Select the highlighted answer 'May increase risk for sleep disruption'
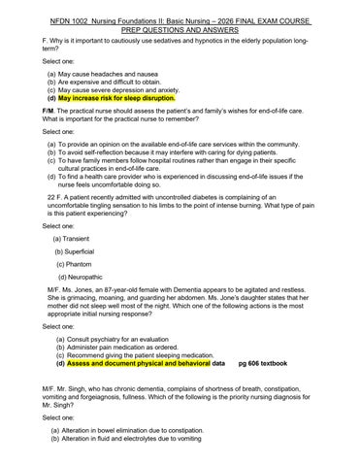[x=116, y=98]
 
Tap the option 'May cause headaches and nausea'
[x=110, y=73]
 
